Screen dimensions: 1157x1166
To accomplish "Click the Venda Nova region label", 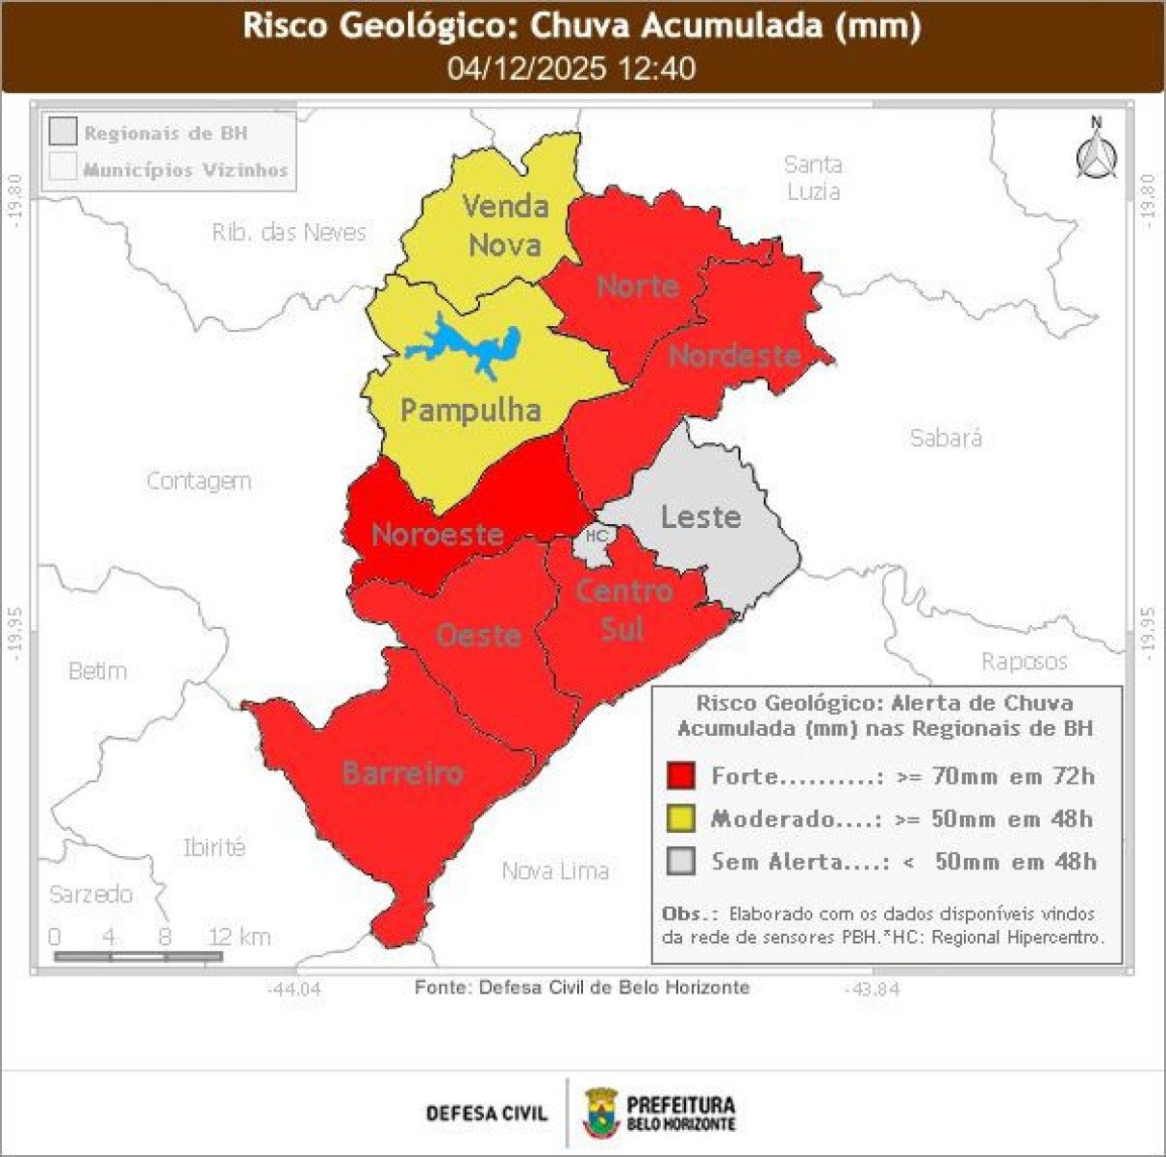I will [505, 225].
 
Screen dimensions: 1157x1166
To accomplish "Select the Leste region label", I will [700, 517].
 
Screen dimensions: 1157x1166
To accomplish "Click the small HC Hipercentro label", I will [596, 536].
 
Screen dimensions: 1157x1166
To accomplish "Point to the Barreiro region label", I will [402, 772].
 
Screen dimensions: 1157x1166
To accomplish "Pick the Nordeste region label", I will [735, 356].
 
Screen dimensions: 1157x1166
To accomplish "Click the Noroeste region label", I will [438, 535].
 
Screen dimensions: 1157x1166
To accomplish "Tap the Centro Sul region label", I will [623, 610].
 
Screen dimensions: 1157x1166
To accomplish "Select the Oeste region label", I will [479, 636].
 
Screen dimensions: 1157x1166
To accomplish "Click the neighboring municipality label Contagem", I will [199, 481].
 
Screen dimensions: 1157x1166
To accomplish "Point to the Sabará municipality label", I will [946, 439].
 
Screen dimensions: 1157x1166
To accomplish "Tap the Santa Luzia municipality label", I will [813, 178].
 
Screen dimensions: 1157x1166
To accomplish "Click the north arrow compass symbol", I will [1096, 152].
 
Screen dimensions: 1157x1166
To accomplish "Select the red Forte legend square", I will [680, 775].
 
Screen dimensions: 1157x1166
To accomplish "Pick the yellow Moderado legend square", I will [680, 818].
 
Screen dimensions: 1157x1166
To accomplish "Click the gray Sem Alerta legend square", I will [680, 862].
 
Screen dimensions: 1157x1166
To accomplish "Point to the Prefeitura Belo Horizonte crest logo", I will [601, 1113].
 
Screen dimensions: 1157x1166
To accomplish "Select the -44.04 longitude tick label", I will [294, 989].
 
